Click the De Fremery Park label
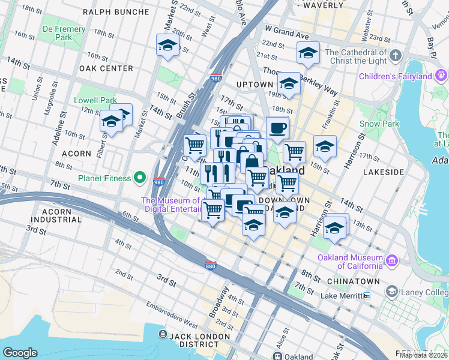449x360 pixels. [x=57, y=33]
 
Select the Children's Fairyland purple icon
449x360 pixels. [x=442, y=76]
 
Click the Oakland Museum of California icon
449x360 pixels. [x=391, y=260]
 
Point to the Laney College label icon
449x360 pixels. [x=392, y=292]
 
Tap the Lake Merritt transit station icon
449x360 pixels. [x=367, y=296]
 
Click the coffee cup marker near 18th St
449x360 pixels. [x=277, y=128]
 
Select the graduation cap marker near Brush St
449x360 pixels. [x=167, y=45]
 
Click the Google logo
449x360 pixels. [x=20, y=353]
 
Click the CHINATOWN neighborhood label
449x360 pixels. [x=354, y=281]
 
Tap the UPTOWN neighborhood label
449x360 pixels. [x=255, y=85]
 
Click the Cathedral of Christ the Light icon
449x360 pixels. [x=395, y=56]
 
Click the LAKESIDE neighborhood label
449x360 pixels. [x=384, y=172]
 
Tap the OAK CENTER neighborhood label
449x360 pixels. [x=106, y=68]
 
